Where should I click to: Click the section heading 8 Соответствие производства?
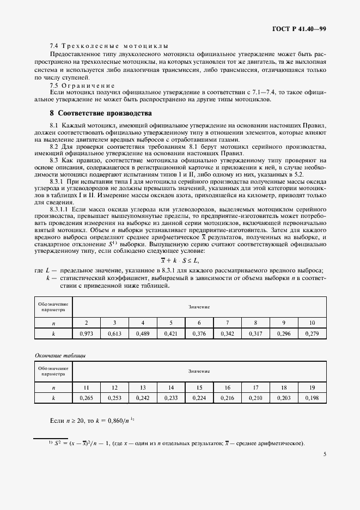(x=100, y=113)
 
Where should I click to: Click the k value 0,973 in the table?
(x=87, y=333)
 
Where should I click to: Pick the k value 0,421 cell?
(x=171, y=333)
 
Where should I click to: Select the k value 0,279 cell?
(x=312, y=333)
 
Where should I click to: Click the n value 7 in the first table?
(x=227, y=323)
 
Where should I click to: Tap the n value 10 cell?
(x=312, y=323)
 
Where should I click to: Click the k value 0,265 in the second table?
(x=87, y=398)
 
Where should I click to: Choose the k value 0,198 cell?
(x=312, y=398)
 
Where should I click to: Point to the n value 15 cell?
(x=199, y=388)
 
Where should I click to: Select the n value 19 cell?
(x=312, y=388)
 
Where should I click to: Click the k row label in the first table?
(x=53, y=333)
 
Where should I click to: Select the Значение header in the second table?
(x=199, y=371)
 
